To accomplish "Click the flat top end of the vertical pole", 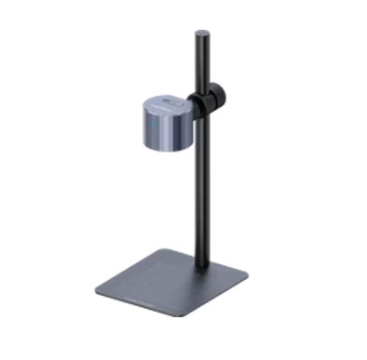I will pos(201,33).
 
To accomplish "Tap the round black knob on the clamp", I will pos(215,93).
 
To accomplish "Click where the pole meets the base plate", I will pos(201,267).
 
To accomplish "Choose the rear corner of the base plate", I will pos(170,249).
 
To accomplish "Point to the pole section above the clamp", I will pos(201,60).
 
